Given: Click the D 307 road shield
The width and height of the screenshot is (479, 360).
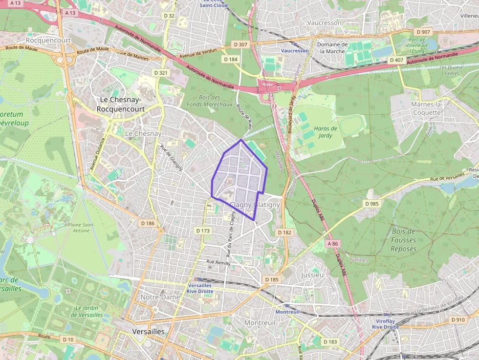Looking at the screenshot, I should click(x=240, y=44).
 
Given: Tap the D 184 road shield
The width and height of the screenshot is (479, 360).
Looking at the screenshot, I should click(x=230, y=59).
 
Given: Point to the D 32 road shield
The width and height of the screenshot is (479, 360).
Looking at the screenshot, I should click(x=169, y=16).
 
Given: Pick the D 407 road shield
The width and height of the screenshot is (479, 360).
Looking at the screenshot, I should click(x=396, y=60).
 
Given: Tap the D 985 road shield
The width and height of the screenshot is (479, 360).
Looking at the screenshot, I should click(x=372, y=203).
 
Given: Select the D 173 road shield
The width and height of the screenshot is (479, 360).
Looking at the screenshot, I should click(x=202, y=231).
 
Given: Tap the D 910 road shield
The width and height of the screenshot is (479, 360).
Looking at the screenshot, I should click(x=458, y=320).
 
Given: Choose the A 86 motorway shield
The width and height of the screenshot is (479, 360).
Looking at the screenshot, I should click(x=332, y=243).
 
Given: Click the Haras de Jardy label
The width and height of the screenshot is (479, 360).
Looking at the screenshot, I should click(x=326, y=132).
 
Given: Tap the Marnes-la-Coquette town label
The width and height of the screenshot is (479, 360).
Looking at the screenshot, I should click(x=426, y=108).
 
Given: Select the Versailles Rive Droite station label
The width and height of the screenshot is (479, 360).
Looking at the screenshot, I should click(x=199, y=288).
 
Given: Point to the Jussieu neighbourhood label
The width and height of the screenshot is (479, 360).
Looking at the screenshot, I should click(x=312, y=275).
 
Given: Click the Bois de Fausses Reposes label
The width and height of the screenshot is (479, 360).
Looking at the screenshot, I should click(x=403, y=240).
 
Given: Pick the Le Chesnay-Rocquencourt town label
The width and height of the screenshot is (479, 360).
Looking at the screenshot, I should click(x=122, y=104).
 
